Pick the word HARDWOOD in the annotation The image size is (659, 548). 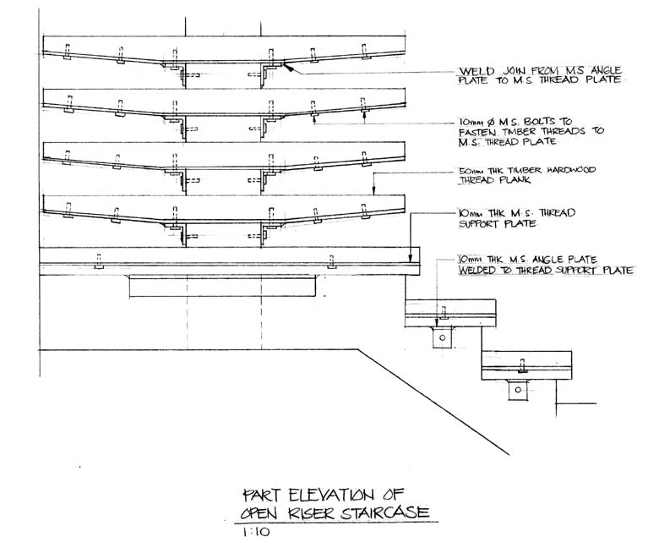pos(572,170)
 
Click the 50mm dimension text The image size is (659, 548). pos(467,170)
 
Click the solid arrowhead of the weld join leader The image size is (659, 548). pos(290,70)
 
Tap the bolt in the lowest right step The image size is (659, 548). pos(521,368)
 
